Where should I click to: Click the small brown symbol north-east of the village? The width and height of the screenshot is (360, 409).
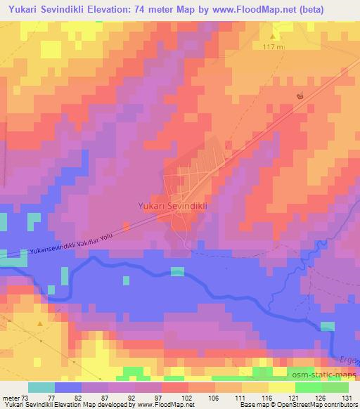pos(300,96)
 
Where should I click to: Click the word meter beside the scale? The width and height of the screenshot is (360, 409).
pos(10,397)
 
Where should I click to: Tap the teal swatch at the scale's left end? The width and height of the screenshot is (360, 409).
pos(41,387)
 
